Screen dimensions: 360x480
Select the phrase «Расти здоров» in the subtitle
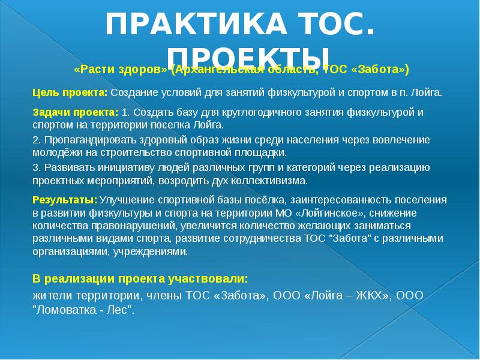(x=120, y=70)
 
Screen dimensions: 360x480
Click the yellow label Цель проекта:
(x=70, y=93)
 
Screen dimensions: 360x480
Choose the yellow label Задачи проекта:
(x=75, y=112)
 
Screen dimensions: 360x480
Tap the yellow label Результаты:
(x=64, y=199)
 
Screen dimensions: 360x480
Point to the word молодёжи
(x=56, y=152)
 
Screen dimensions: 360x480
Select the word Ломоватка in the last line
(x=67, y=310)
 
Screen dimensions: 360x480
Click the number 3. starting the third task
(x=37, y=167)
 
